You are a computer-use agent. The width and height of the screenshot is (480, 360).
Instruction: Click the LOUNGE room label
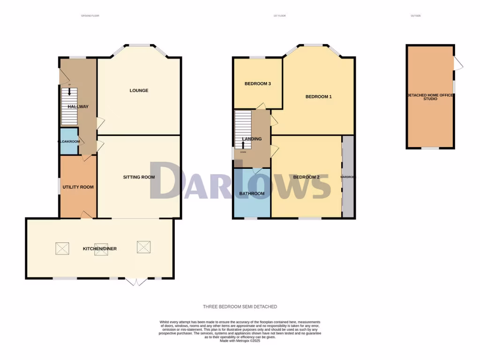click(139, 90)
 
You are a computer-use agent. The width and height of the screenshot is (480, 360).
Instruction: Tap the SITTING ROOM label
click(139, 177)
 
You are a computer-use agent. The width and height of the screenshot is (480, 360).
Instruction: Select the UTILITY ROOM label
click(78, 187)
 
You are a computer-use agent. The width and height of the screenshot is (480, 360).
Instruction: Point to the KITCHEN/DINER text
click(100, 248)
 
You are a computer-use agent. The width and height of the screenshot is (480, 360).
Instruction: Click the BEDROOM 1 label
click(318, 97)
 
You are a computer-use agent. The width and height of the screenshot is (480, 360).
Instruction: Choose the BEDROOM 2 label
click(306, 177)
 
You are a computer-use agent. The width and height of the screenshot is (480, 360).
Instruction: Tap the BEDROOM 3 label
click(257, 84)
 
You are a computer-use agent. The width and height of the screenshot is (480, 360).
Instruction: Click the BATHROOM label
click(252, 194)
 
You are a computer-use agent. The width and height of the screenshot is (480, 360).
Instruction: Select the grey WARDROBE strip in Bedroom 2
click(348, 177)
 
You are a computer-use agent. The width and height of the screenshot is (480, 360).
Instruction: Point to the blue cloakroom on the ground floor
click(68, 141)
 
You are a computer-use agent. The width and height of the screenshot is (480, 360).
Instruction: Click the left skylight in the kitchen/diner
click(62, 248)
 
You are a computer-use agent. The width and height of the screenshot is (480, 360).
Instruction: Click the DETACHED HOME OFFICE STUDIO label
click(430, 97)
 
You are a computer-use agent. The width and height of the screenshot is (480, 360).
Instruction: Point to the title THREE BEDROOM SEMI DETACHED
click(240, 307)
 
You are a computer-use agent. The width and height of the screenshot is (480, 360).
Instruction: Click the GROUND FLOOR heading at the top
click(90, 16)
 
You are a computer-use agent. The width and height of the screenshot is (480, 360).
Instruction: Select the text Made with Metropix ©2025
click(240, 341)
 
